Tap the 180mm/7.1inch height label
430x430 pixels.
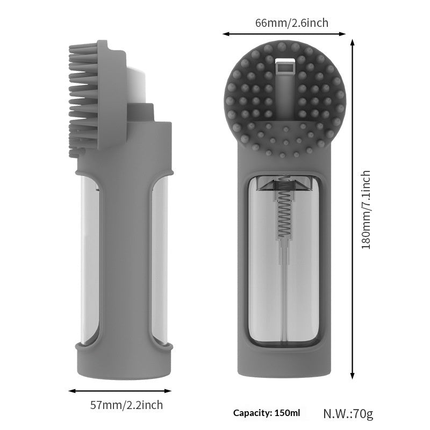click(x=366, y=210)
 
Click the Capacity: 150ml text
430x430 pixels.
click(x=267, y=413)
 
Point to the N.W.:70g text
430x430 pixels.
click(x=348, y=413)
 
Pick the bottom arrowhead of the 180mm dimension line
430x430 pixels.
click(x=353, y=377)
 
